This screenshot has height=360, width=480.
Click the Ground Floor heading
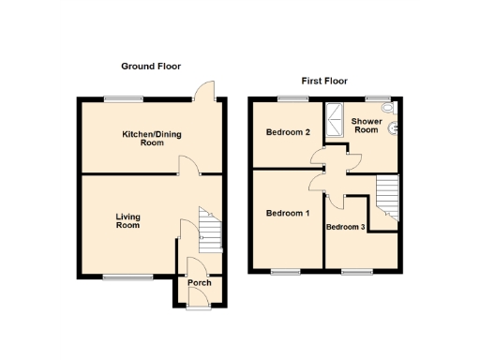[x=151, y=67]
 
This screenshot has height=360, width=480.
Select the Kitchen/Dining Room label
[x=152, y=139]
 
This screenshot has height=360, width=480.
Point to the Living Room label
[x=127, y=221]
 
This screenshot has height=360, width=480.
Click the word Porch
[x=199, y=282]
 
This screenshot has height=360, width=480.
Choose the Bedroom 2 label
[x=289, y=132]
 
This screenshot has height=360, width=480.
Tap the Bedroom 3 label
[x=344, y=228]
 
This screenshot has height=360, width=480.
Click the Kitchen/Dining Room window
[x=124, y=98]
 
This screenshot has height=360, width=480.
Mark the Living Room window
[x=122, y=276]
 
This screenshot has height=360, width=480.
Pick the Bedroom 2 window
[x=288, y=98]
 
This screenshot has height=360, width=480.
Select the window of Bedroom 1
[x=284, y=272]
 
